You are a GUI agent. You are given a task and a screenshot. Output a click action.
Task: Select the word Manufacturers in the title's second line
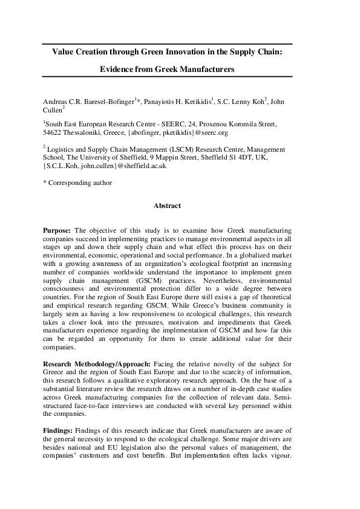[205, 70]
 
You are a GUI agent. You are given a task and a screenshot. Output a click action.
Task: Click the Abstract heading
[167, 206]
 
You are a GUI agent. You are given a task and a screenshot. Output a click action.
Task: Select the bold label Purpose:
[58, 231]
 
